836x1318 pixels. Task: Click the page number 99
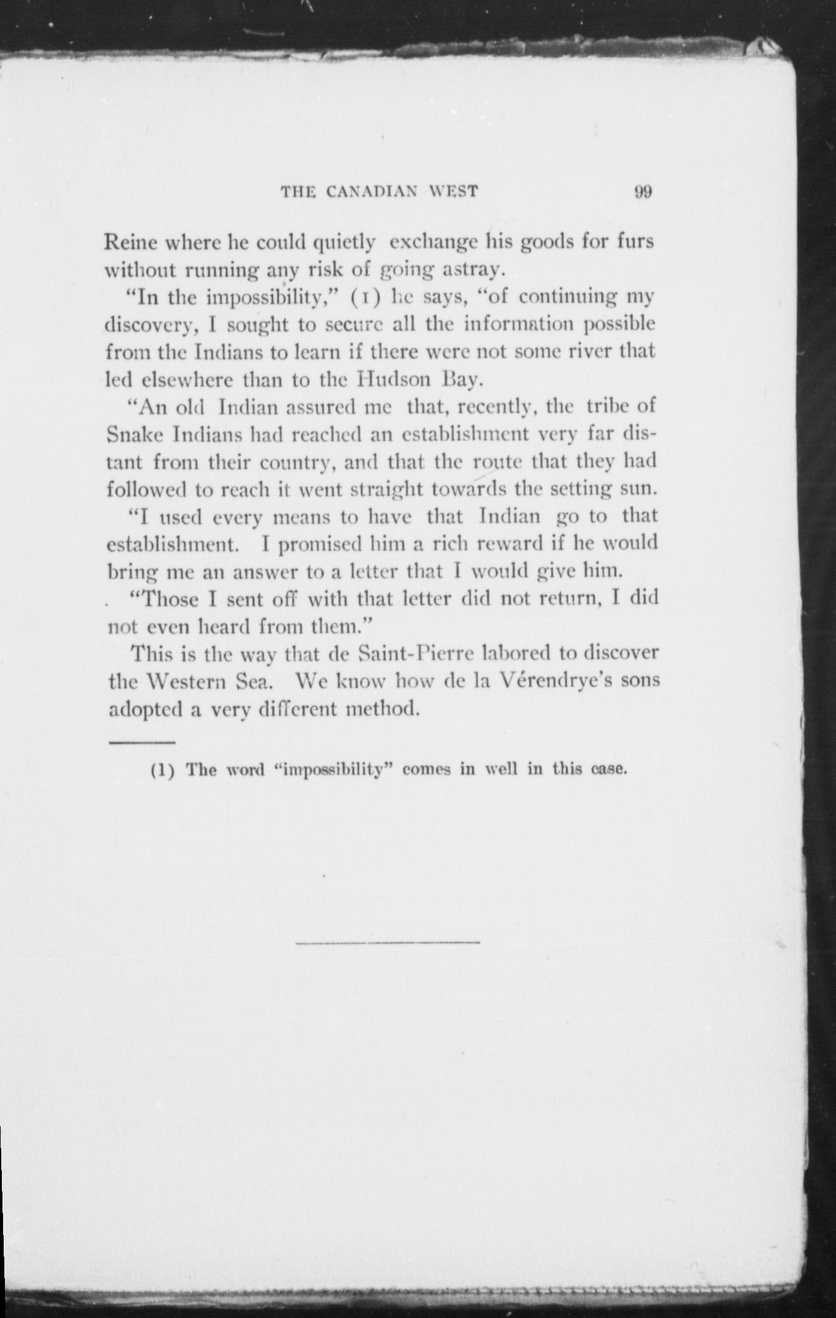[642, 192]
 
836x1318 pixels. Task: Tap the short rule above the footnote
[142, 744]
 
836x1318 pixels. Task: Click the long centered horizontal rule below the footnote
[387, 942]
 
